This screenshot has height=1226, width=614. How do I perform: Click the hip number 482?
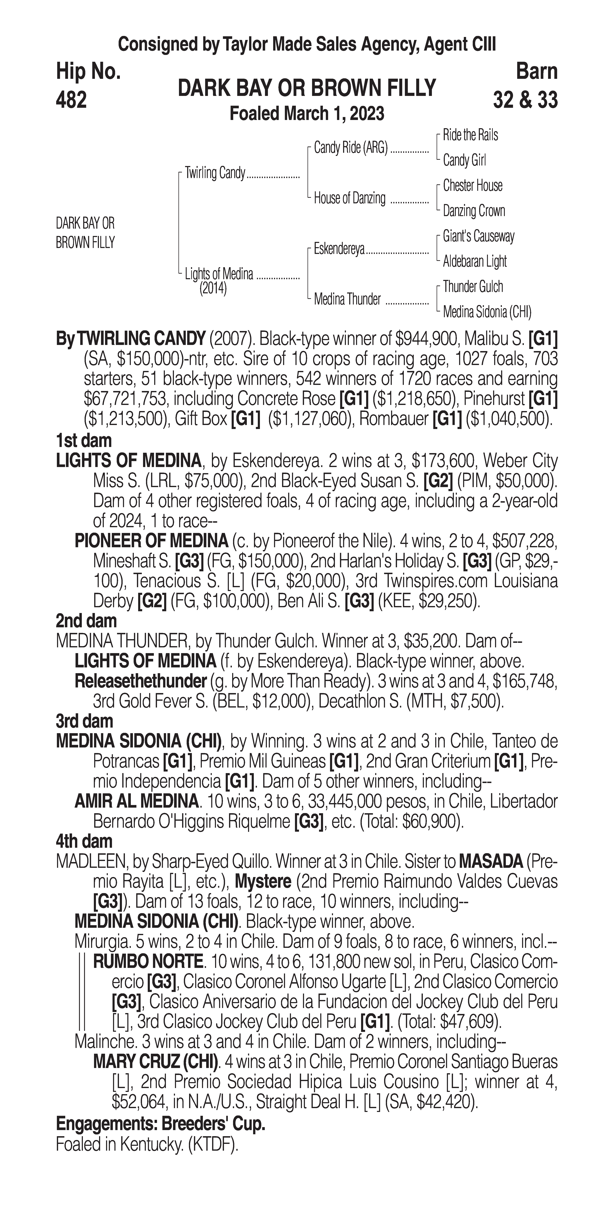point(71,100)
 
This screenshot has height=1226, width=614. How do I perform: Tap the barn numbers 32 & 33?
point(525,100)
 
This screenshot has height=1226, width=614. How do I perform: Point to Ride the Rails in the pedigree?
point(470,135)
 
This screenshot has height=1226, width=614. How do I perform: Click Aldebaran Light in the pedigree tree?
point(474,261)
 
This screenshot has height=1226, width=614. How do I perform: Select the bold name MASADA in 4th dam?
point(490,861)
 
